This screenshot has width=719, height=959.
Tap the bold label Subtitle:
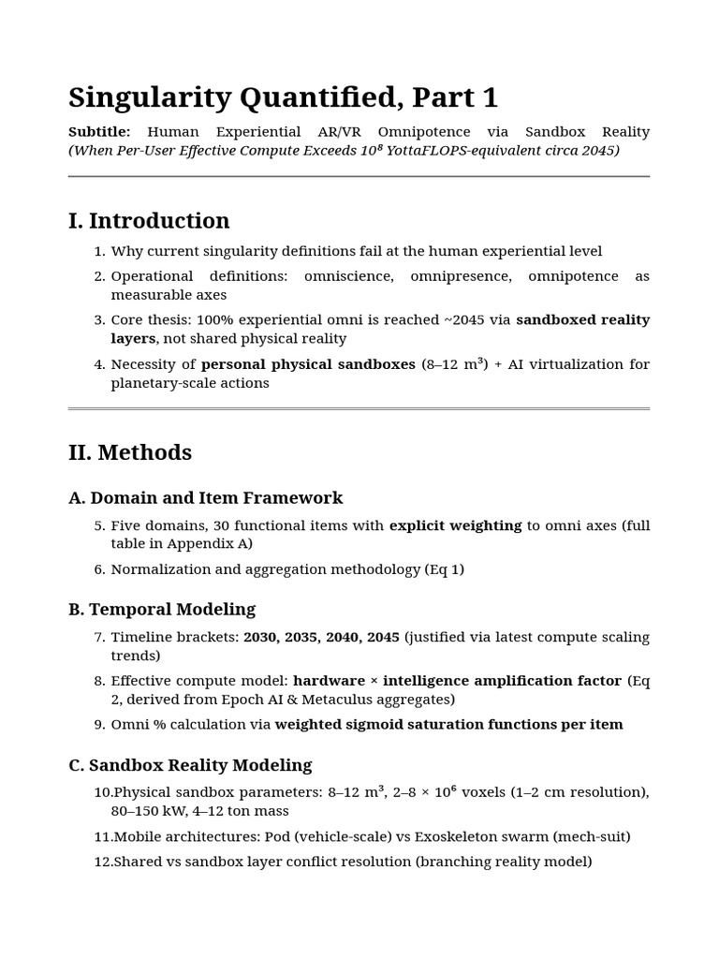pyautogui.click(x=99, y=132)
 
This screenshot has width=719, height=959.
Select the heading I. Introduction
pyautogui.click(x=149, y=221)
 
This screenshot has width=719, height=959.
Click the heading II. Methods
pyautogui.click(x=130, y=452)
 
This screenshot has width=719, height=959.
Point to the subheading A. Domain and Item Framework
pyautogui.click(x=206, y=498)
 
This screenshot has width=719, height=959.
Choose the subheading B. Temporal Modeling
pyautogui.click(x=162, y=610)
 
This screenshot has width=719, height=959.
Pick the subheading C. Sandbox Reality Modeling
pyautogui.click(x=190, y=765)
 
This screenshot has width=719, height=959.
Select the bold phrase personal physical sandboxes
pyautogui.click(x=308, y=364)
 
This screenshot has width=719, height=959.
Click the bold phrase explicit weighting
pyautogui.click(x=455, y=525)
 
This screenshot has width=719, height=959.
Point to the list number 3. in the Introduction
pyautogui.click(x=100, y=320)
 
